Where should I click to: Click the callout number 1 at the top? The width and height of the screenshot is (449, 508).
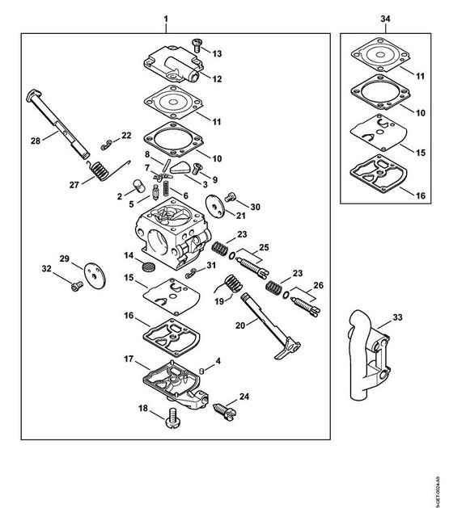click(x=166, y=19)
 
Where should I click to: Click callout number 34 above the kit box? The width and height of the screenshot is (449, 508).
click(x=385, y=19)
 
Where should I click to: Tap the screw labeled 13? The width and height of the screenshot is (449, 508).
click(x=197, y=45)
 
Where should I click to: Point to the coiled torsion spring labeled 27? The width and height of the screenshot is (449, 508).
click(x=100, y=171)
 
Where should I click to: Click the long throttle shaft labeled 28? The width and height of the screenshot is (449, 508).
click(x=57, y=124)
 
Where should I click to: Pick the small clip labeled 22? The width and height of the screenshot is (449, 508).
click(x=106, y=145)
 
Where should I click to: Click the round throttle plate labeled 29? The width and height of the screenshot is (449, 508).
click(x=95, y=275)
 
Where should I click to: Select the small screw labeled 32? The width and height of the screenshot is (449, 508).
click(x=76, y=287)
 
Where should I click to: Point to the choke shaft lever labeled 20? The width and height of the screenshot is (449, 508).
click(x=270, y=325)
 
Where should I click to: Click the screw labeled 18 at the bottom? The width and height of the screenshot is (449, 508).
click(x=172, y=418)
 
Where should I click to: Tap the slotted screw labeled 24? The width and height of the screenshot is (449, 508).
click(x=225, y=411)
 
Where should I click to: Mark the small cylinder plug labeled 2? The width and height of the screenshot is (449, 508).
click(x=139, y=186)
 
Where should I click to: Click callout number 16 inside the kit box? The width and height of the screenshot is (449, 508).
click(x=421, y=195)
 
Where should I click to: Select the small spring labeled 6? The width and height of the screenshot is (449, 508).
click(x=166, y=188)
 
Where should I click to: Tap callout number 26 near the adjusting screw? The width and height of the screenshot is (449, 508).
click(x=319, y=285)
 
